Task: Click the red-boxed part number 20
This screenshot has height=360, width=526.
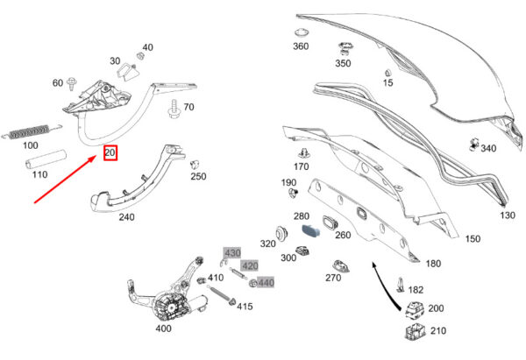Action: (110, 152)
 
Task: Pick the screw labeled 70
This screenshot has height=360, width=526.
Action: (176, 109)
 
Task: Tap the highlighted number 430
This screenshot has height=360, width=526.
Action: (232, 253)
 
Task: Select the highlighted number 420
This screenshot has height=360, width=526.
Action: (250, 265)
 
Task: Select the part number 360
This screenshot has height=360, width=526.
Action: (301, 46)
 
